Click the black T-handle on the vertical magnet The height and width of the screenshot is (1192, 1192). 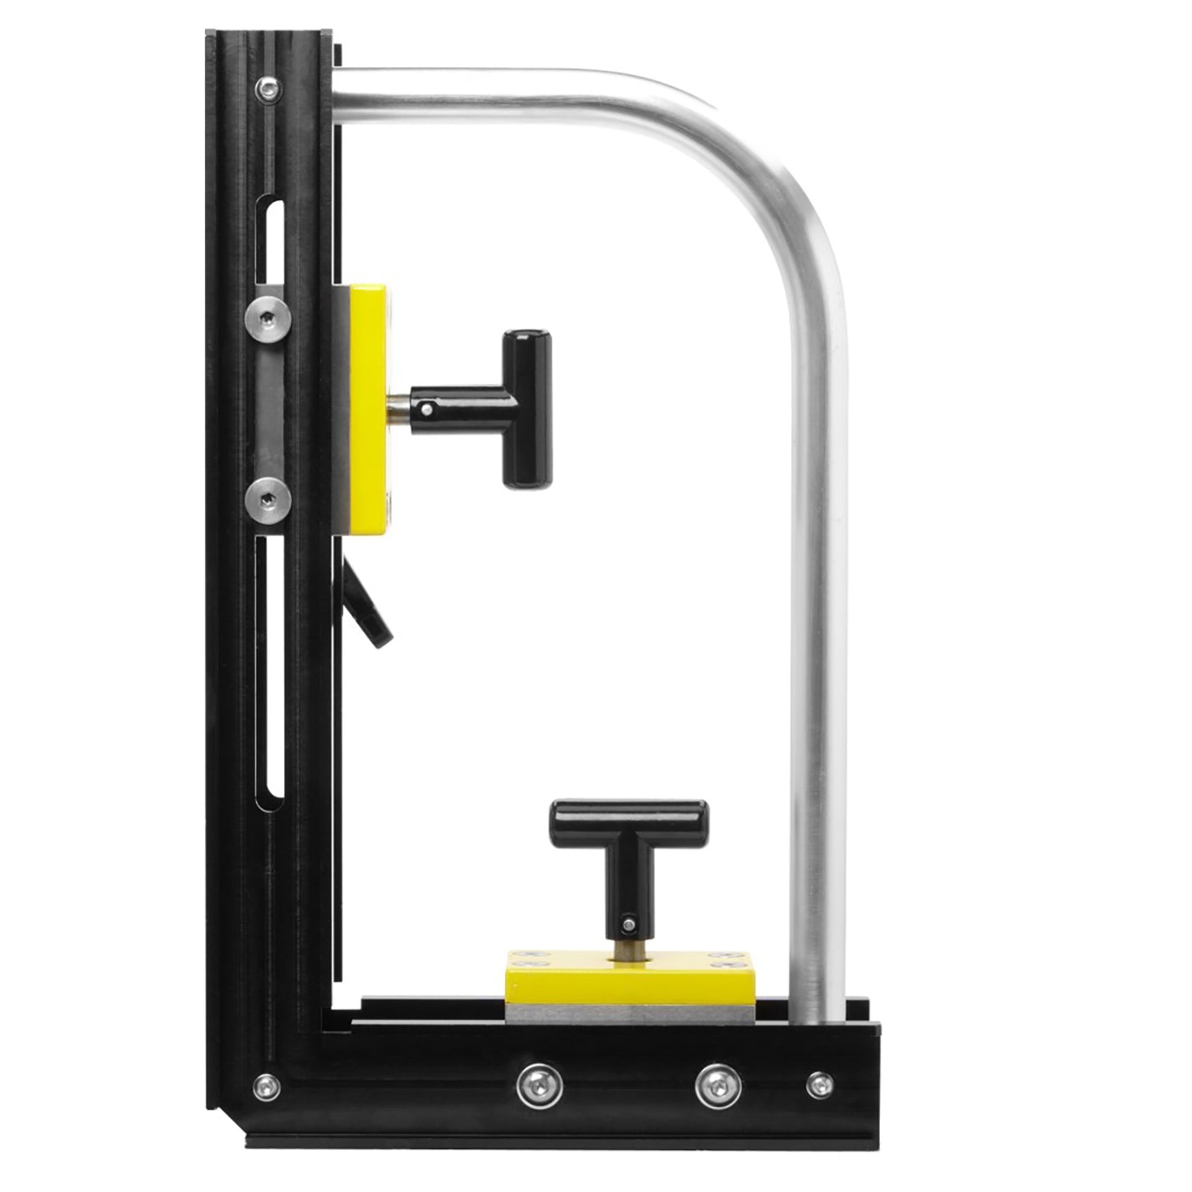click(525, 409)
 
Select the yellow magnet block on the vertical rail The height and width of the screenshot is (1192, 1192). click(368, 410)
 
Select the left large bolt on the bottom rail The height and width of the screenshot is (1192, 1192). click(540, 1084)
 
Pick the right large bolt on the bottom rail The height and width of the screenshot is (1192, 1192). click(718, 1084)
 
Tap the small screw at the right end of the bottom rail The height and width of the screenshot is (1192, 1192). click(820, 1084)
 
